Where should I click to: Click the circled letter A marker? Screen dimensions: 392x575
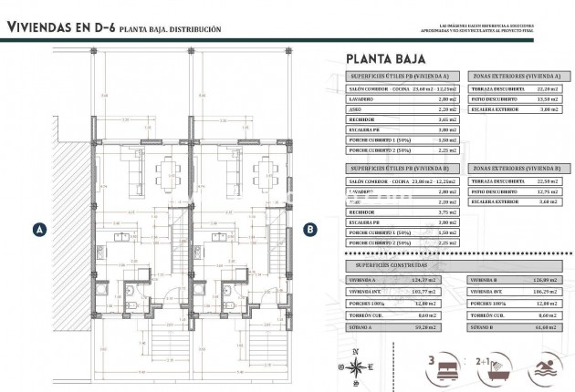(x=39, y=230)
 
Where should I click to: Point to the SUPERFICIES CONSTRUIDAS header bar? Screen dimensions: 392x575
(x=402, y=263)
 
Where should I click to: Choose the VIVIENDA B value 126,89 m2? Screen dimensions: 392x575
(x=538, y=279)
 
